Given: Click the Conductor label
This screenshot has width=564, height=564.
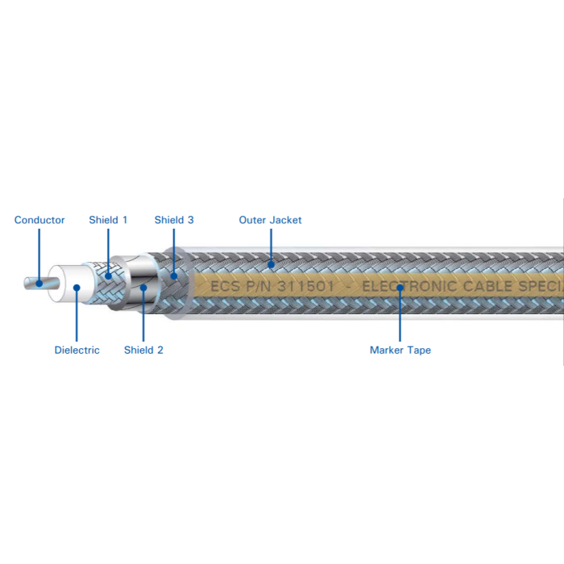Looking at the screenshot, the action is (39, 220).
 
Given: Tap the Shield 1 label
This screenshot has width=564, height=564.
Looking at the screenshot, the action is (108, 220).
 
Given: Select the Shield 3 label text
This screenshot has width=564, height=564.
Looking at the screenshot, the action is (174, 220).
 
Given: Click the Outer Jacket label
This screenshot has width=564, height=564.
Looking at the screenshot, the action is (270, 220).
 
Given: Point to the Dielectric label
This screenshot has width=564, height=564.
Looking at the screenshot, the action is (77, 350).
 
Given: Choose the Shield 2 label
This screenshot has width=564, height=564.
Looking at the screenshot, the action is (143, 350).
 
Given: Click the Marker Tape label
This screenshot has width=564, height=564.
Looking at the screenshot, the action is (400, 350).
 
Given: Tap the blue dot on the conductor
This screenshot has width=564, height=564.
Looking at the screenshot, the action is (39, 284).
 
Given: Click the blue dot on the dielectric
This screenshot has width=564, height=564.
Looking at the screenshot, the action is (77, 288).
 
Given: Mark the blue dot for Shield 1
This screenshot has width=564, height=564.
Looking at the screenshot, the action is (108, 276).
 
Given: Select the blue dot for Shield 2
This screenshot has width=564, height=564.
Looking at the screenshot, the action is (143, 288).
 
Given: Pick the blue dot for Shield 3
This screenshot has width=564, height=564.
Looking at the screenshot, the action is (174, 276).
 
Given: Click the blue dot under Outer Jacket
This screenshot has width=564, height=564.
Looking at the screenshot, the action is (272, 265).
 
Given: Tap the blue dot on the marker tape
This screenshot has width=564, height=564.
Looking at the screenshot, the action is (400, 288).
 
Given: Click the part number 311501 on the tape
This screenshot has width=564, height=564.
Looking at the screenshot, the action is (305, 286).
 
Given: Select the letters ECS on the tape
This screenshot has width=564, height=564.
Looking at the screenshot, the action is (225, 286).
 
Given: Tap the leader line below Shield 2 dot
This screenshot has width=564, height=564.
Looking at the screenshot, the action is (143, 316).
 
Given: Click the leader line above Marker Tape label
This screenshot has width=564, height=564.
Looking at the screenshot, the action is (400, 316).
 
